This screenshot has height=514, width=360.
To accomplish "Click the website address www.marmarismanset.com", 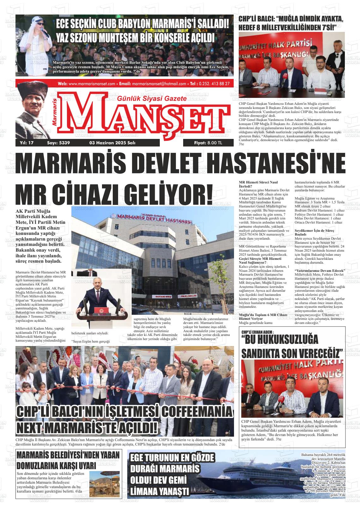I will tap(92, 84).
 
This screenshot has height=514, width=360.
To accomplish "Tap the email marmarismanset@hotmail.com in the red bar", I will tap(159, 84).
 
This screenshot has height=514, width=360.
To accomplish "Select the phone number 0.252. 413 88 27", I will tap(214, 84).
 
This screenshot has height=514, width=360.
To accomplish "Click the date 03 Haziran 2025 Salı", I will tap(113, 143).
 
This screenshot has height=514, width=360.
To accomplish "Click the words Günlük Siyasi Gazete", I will tap(152, 99).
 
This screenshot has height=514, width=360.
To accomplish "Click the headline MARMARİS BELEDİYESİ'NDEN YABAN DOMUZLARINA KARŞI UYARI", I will tap(68, 461).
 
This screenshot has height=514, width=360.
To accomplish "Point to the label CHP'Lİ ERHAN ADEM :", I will tap(257, 332).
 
